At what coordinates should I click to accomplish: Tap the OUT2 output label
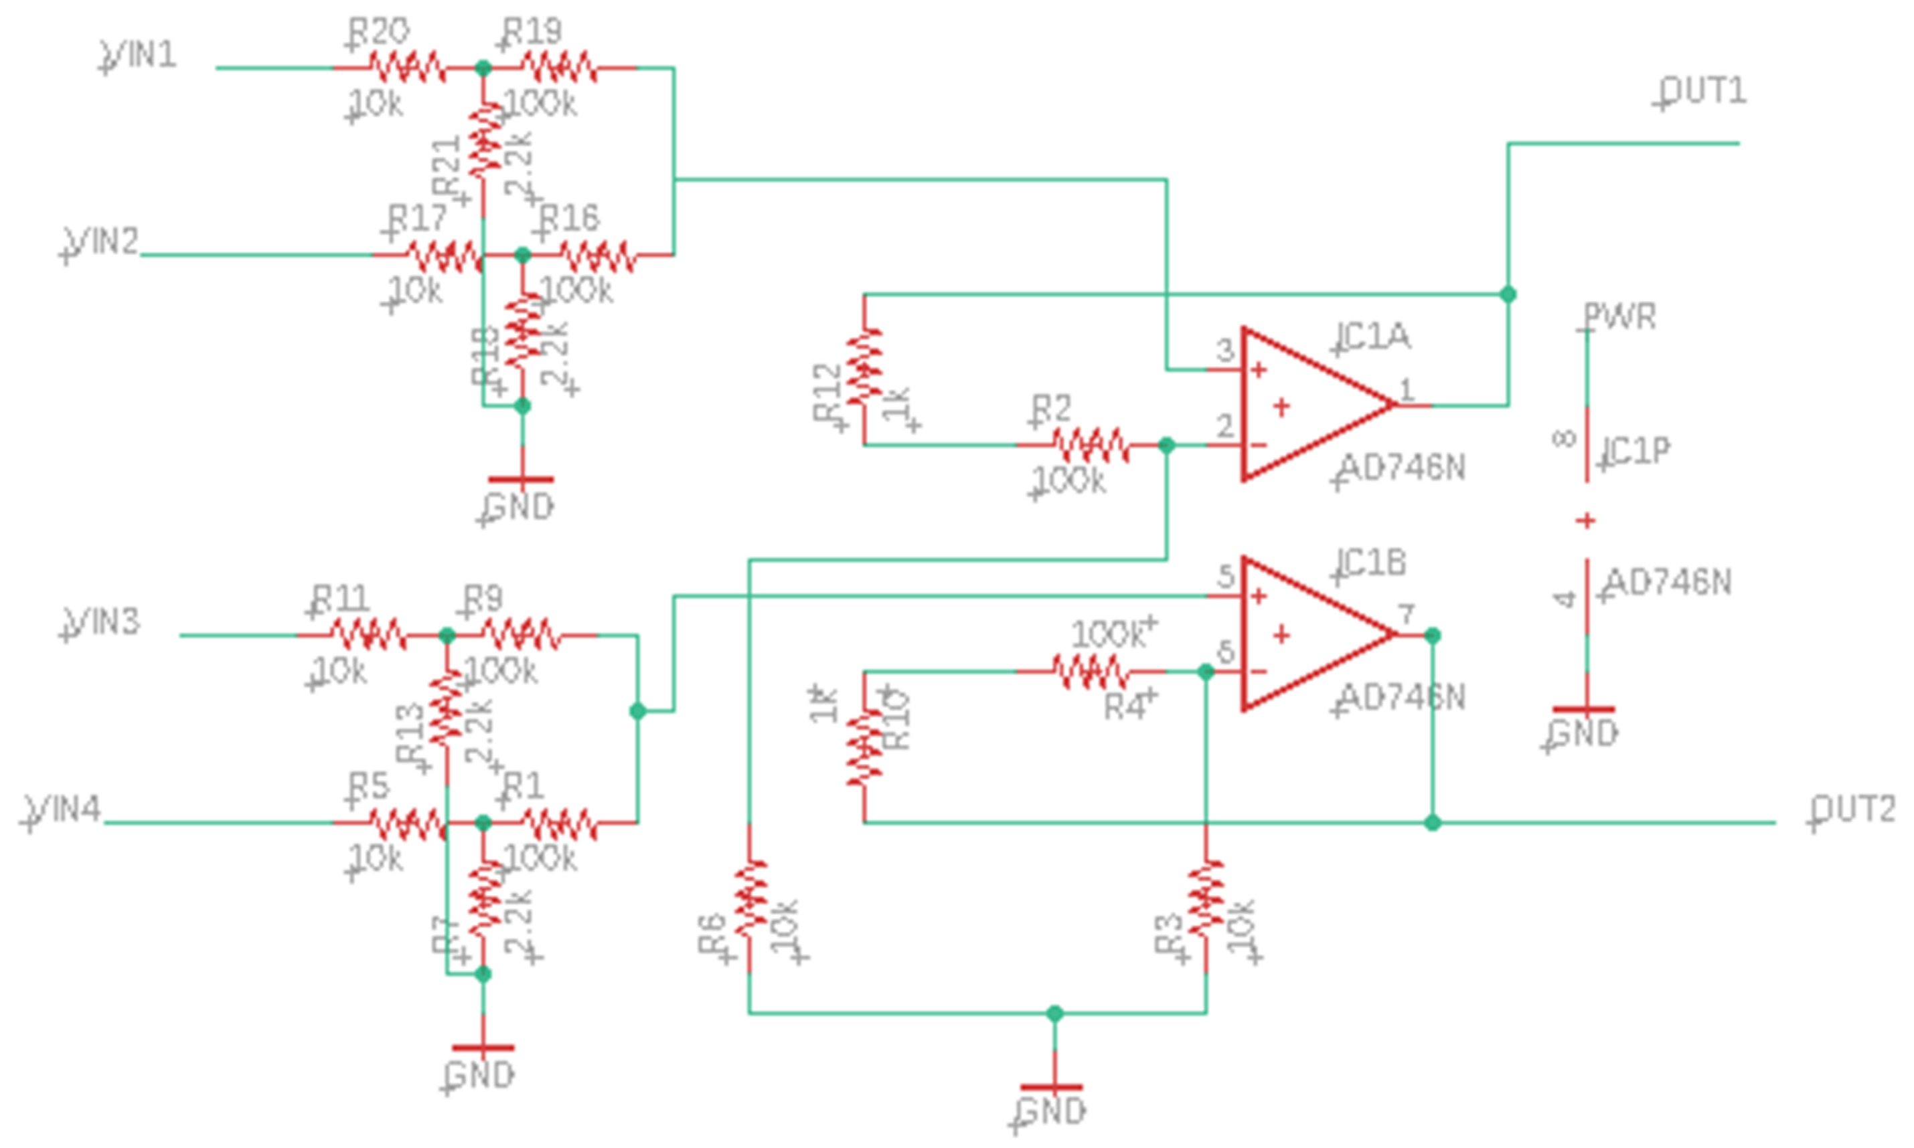click(x=1853, y=810)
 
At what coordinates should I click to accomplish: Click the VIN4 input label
click(x=64, y=809)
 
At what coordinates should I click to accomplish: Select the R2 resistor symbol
click(x=1091, y=446)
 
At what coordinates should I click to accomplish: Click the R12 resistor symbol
click(x=864, y=367)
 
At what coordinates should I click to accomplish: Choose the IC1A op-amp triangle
click(x=1308, y=405)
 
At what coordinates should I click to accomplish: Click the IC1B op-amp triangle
click(x=1308, y=634)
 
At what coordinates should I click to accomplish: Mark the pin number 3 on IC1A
click(x=1224, y=351)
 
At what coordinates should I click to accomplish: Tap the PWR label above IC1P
click(x=1619, y=316)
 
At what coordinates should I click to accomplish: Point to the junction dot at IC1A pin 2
click(x=1166, y=446)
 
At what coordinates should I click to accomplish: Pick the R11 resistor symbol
click(x=369, y=635)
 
